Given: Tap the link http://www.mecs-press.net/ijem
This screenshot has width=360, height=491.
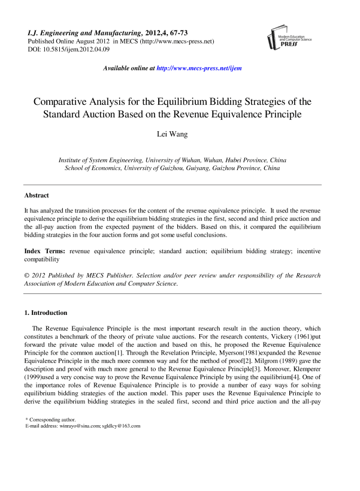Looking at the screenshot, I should (x=198, y=69).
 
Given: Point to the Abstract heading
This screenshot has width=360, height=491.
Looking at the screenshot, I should (x=37, y=195).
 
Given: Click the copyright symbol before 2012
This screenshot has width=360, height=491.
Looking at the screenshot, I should (x=27, y=275).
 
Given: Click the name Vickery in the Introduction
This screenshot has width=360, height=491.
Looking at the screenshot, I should (x=242, y=337).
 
